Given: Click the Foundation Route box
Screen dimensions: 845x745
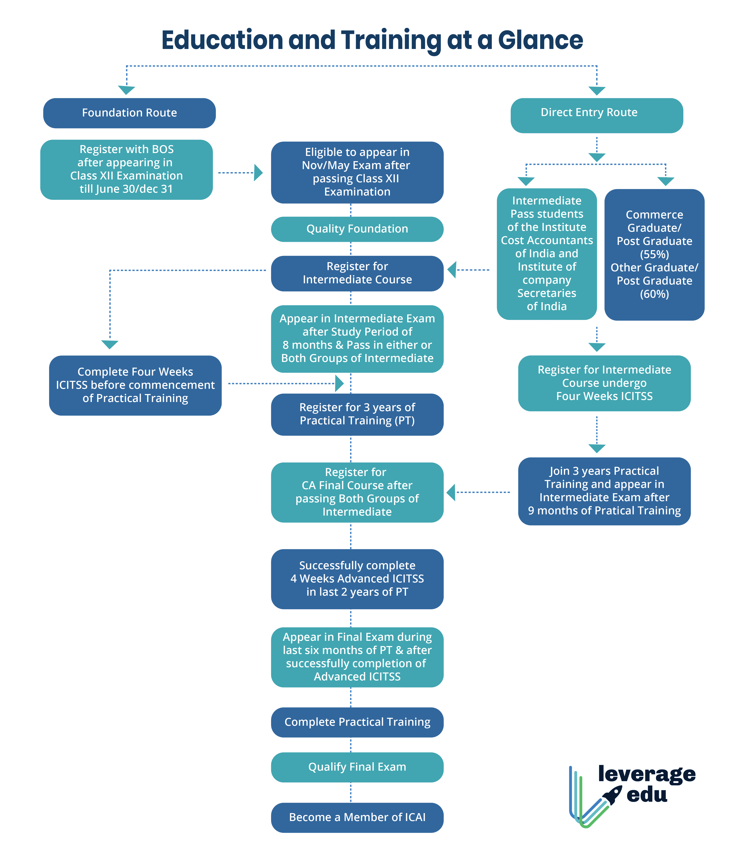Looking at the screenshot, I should pyautogui.click(x=129, y=113).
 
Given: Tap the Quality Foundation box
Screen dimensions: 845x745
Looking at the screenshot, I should pyautogui.click(x=357, y=229).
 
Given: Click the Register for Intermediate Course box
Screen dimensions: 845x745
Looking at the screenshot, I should pyautogui.click(x=357, y=273).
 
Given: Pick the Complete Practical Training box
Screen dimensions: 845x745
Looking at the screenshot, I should pyautogui.click(x=357, y=722).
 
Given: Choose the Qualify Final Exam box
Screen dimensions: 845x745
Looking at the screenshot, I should pyautogui.click(x=357, y=767).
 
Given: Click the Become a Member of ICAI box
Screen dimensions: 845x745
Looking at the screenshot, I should pyautogui.click(x=357, y=817).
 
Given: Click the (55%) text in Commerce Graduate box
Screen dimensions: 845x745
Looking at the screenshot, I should pyautogui.click(x=654, y=254).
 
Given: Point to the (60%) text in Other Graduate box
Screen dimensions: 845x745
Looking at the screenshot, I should pyautogui.click(x=654, y=294).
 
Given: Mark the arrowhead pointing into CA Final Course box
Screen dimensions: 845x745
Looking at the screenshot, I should pyautogui.click(x=451, y=492).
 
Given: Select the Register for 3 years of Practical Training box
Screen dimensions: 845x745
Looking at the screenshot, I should pyautogui.click(x=357, y=414).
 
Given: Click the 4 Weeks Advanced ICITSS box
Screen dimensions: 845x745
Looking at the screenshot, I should pyautogui.click(x=357, y=579).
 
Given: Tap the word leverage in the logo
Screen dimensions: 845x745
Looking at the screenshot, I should pyautogui.click(x=647, y=774).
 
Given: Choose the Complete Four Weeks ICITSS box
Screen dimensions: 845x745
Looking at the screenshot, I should pyautogui.click(x=135, y=385).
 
